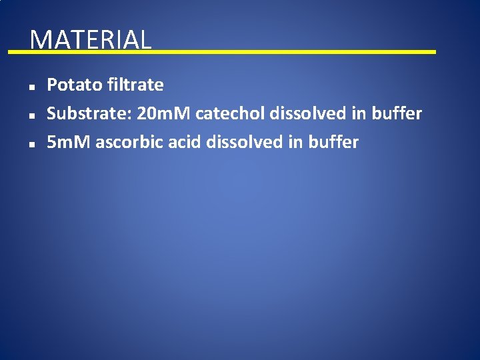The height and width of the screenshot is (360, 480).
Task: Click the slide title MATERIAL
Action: [91, 40]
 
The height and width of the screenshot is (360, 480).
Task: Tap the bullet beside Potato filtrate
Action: [31, 86]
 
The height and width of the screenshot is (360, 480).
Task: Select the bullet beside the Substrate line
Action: [31, 115]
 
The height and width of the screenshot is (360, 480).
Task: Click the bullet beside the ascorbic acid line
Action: [31, 143]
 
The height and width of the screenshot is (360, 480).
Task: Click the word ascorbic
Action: [127, 143]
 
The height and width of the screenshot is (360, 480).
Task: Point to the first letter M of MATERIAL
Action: [40, 40]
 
